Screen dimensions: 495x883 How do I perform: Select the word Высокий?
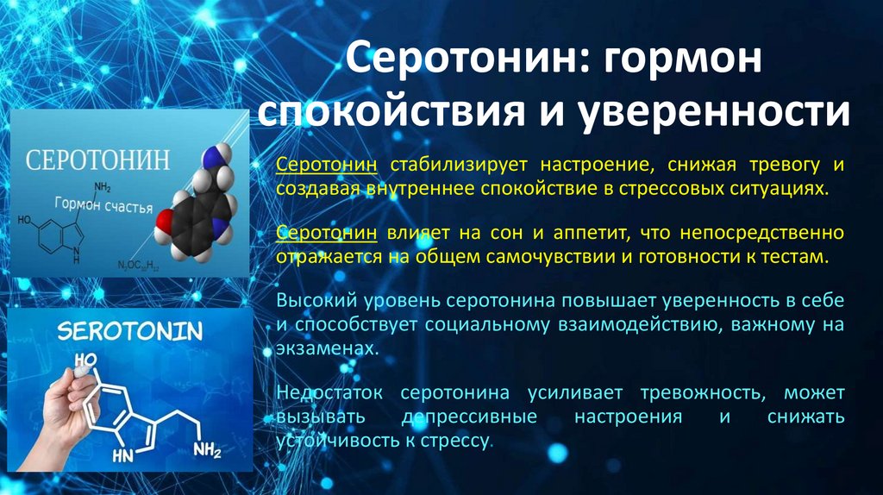(313, 301)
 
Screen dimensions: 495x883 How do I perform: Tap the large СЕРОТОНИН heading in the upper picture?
(98, 160)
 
